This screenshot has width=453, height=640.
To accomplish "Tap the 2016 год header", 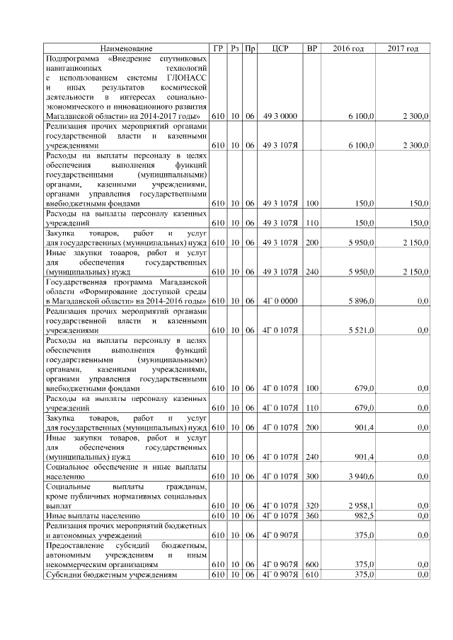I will pos(348,48).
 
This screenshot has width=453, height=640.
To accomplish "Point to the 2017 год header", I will pos(403,48).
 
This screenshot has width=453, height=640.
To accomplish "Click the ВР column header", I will pos(311,48).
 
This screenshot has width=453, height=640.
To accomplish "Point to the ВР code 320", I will pos(311,506).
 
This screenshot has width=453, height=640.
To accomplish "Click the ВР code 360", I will pos(311,516).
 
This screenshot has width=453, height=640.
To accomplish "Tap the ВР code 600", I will pos(311,565).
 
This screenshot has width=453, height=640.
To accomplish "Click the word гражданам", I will pos(186,487).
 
